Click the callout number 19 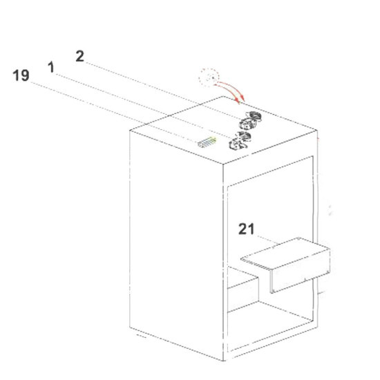coord(21,75)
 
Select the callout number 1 coord(51,67)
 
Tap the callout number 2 coord(80,56)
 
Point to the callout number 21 coord(247,229)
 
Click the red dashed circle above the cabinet coord(209,77)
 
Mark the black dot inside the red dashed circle coord(213,78)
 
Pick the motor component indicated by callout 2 coord(250,120)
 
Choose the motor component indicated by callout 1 coord(240,141)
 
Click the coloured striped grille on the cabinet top coord(207,142)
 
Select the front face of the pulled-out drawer coord(300,272)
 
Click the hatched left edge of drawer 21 coord(256,264)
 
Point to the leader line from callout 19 coord(114,112)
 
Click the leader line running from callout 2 coord(163,91)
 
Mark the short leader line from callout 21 coord(268,240)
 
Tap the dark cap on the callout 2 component coord(254,115)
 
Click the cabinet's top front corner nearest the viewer coord(223,164)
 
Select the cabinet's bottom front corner coord(223,361)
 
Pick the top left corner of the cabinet coord(130,131)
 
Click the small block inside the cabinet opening coord(243,289)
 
